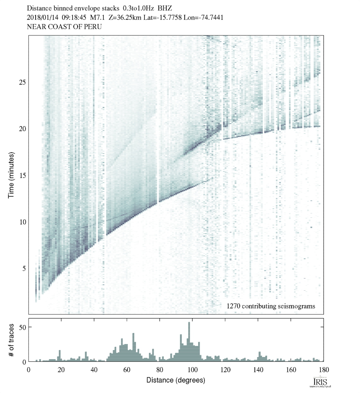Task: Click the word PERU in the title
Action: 93,27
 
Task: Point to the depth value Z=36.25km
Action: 124,17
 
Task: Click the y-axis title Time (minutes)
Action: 11,175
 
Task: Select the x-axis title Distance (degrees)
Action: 176,380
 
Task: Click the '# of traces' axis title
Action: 11,340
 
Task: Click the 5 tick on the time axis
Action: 24,268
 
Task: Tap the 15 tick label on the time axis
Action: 23,175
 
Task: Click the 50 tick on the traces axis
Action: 23,327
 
